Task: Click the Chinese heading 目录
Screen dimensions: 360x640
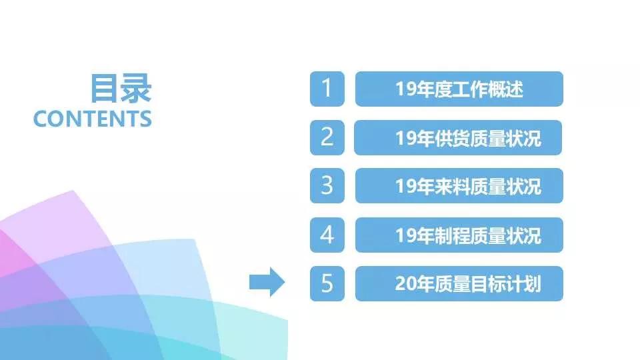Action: click(121, 89)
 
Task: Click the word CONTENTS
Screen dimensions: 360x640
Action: click(93, 119)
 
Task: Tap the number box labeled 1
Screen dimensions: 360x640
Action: click(327, 89)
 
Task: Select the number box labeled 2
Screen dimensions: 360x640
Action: click(327, 137)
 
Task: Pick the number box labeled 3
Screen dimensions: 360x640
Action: click(327, 186)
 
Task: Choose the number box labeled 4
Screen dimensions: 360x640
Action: click(327, 235)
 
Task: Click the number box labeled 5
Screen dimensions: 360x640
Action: click(327, 283)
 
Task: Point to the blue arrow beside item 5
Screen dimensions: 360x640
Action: click(267, 283)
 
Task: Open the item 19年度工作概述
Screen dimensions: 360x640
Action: click(459, 89)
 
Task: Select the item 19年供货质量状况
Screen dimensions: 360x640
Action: click(459, 138)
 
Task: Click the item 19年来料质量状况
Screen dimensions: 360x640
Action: click(459, 186)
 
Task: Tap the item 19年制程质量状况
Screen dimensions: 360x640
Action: click(459, 235)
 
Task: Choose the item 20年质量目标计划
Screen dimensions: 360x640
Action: click(459, 283)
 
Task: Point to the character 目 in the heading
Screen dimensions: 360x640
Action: click(105, 89)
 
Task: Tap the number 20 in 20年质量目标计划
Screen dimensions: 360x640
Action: click(405, 284)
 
